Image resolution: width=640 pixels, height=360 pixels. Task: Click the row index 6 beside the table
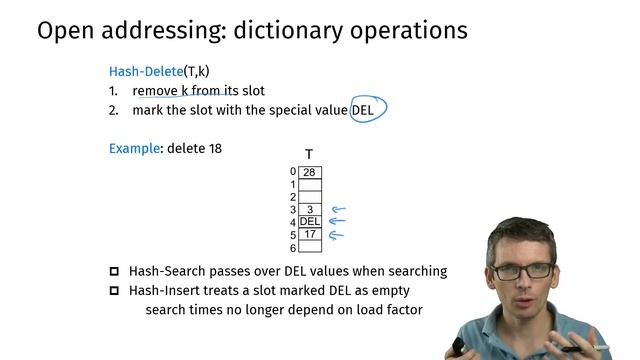click(x=293, y=248)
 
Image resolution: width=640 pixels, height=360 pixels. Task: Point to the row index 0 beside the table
click(x=293, y=172)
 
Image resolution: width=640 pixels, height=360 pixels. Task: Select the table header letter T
click(x=309, y=154)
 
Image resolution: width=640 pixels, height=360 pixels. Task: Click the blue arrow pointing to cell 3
click(x=338, y=210)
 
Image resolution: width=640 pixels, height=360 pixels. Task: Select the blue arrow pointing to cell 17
click(x=338, y=236)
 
